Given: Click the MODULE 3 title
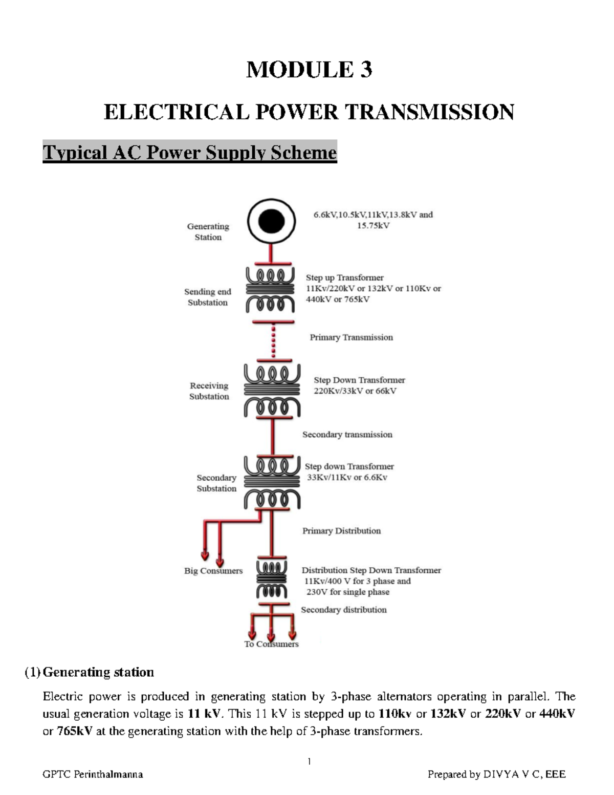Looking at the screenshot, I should (x=309, y=70).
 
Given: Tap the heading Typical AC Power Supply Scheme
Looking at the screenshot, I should (x=189, y=153).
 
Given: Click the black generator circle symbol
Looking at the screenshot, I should (x=271, y=222).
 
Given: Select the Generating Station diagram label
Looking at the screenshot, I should (x=208, y=231).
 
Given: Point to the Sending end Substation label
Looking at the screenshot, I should (x=208, y=297).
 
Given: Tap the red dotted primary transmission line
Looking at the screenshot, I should (x=273, y=340).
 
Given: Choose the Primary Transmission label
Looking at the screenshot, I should (x=351, y=337).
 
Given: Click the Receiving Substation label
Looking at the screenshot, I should (x=209, y=391).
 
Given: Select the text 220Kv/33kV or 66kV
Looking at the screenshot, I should (x=355, y=391).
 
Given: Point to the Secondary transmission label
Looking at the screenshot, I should (x=347, y=435).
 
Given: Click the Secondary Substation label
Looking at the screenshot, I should (x=216, y=483).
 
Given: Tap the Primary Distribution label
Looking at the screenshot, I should (x=341, y=531).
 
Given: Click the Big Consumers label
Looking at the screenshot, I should (x=213, y=571).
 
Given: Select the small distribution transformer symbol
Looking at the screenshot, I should (x=271, y=581).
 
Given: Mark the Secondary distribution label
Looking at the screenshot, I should (x=343, y=610).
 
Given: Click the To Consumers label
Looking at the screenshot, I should (x=271, y=644).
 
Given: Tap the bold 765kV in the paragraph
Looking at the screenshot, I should (x=75, y=731).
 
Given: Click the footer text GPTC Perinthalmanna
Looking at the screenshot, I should (x=93, y=775).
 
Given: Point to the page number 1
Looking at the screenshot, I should (x=309, y=761).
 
